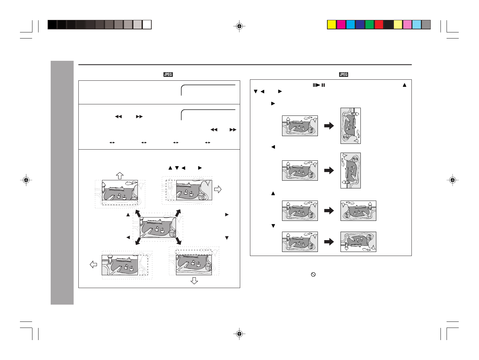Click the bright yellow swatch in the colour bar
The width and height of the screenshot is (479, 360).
[x=331, y=25]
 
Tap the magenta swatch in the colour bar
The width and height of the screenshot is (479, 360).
[x=341, y=25]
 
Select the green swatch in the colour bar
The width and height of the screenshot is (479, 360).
[x=370, y=25]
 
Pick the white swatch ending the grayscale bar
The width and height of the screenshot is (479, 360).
[x=147, y=25]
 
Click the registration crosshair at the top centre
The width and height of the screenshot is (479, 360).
[x=239, y=26]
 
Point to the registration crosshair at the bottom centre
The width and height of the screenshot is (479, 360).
[x=239, y=334]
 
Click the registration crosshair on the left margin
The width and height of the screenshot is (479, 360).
[x=26, y=180]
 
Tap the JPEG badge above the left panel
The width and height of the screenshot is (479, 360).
[x=168, y=74]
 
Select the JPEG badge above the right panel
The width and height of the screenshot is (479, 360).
[x=344, y=74]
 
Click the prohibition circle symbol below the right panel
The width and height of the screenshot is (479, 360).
[x=313, y=275]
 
